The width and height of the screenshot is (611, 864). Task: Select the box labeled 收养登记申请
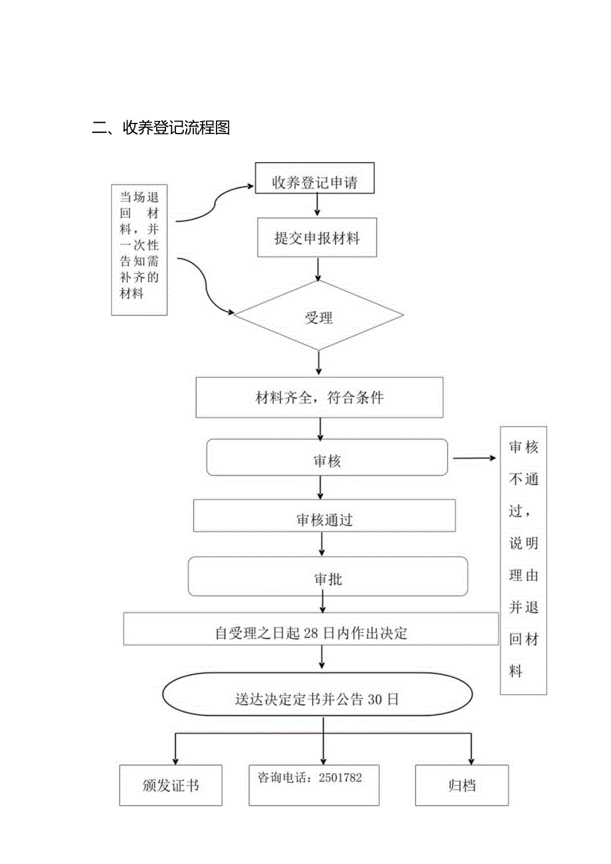[314, 181]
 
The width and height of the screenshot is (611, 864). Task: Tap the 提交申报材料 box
[317, 237]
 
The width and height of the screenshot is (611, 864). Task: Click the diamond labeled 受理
[318, 317]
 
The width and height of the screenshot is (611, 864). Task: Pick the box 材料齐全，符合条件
[319, 398]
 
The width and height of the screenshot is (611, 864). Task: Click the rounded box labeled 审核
[327, 459]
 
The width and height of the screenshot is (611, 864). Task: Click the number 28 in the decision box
[311, 633]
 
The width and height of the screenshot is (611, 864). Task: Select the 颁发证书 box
[171, 786]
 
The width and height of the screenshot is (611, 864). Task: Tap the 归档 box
[462, 786]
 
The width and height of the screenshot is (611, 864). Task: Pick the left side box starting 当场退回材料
[139, 249]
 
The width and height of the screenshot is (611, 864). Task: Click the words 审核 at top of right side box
[523, 447]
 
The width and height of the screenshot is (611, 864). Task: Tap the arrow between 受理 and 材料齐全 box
[319, 363]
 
